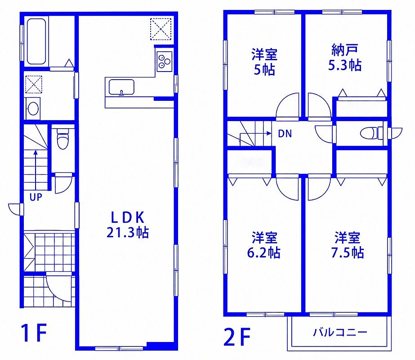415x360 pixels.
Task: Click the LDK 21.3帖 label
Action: [x=128, y=225]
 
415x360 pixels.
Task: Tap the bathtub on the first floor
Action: [x=36, y=41]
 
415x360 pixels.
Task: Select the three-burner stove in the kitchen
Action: [x=165, y=61]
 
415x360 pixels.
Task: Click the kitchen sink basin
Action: [x=121, y=87]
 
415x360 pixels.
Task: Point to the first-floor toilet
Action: [x=63, y=139]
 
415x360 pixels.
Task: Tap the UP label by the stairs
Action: [x=36, y=197]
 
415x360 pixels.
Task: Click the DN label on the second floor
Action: [x=285, y=134]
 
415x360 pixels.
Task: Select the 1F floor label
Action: [x=34, y=333]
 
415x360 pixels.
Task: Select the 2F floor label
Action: [x=237, y=337]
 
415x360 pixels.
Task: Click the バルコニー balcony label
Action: [x=340, y=332]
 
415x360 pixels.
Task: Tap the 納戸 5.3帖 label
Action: [x=345, y=58]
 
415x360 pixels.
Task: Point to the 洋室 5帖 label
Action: [x=264, y=62]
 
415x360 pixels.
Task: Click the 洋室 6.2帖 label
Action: [x=264, y=245]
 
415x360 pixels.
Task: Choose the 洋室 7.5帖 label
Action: [x=348, y=245]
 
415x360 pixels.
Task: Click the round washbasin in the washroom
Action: [x=33, y=108]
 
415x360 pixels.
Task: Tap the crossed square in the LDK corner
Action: [x=161, y=29]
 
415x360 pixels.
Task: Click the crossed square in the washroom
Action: [x=34, y=84]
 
